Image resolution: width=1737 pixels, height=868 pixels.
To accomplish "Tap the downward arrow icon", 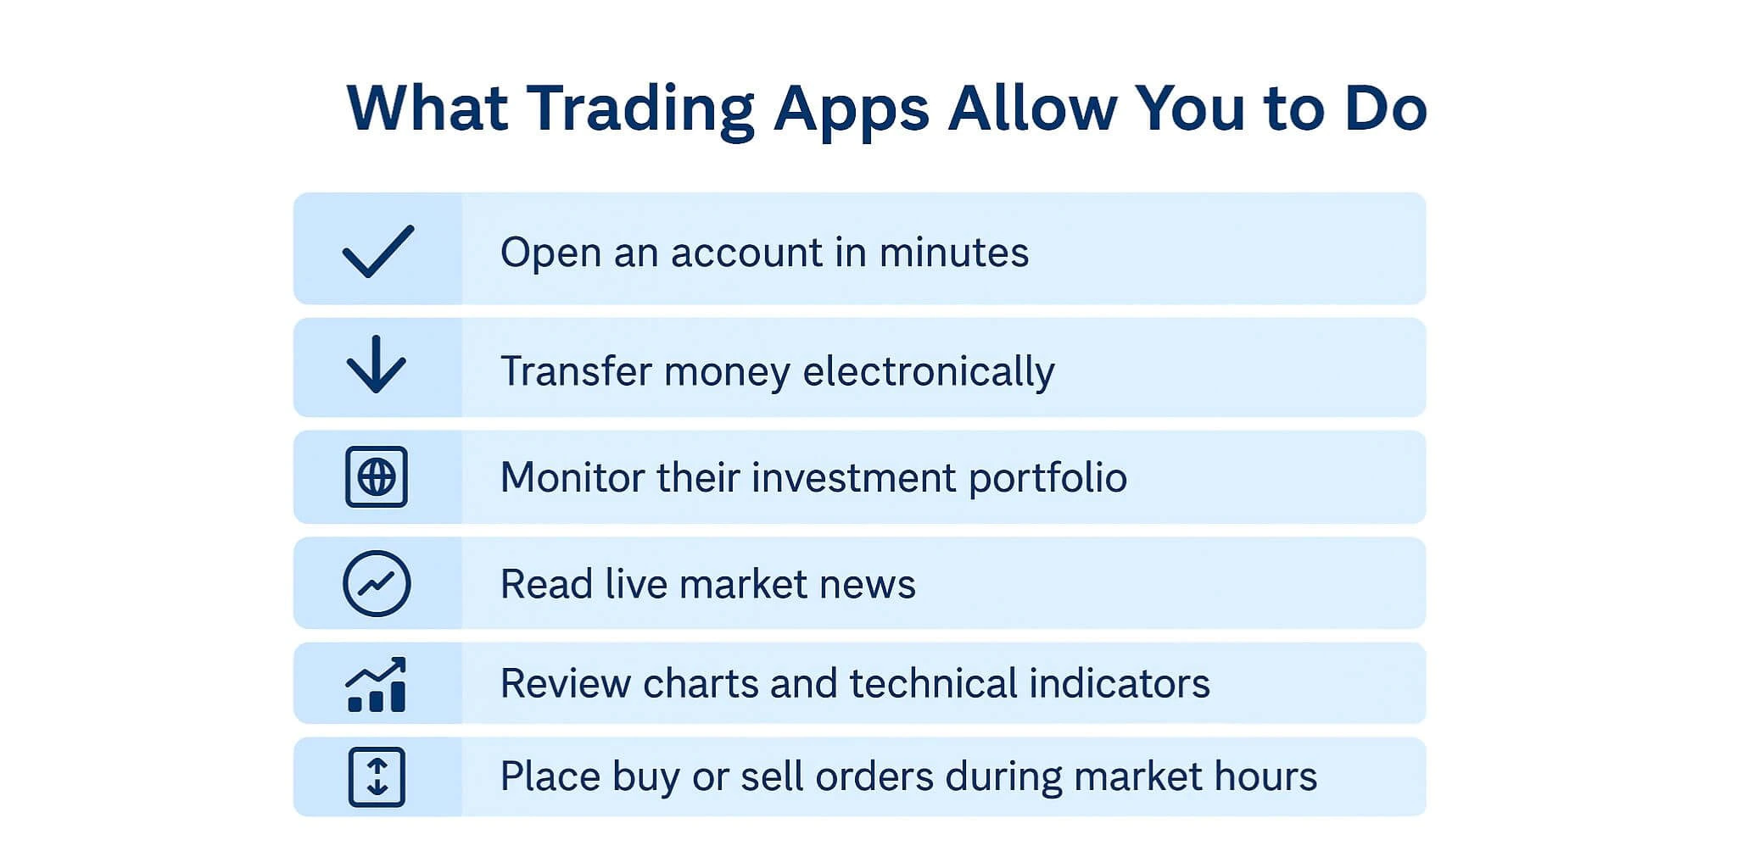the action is (377, 364).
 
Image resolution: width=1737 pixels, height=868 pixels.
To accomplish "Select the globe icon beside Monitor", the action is (377, 477).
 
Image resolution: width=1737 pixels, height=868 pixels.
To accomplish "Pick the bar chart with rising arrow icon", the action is (377, 684).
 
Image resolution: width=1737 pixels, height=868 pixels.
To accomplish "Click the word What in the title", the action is (427, 108).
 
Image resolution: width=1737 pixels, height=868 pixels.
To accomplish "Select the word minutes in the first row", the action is (953, 253).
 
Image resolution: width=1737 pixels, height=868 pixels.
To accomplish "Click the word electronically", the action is (929, 372).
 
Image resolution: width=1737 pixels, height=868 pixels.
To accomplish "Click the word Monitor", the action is (572, 477).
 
